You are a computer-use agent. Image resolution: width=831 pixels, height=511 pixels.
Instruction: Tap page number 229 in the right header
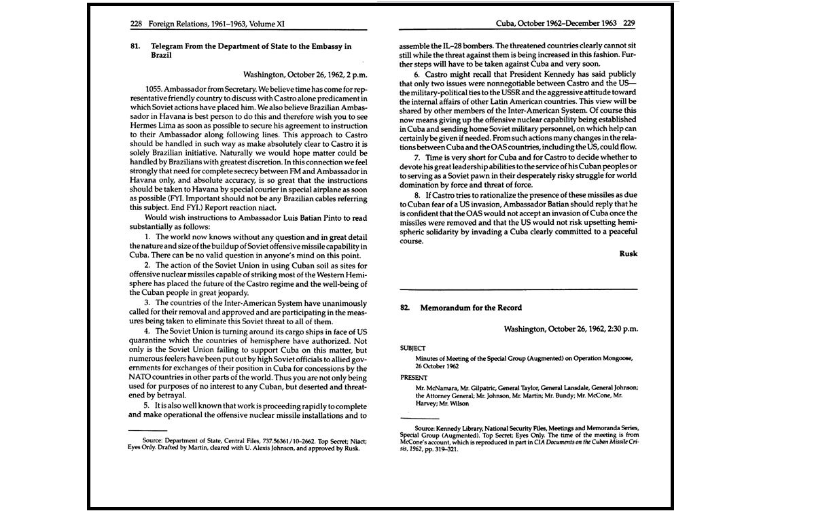(x=629, y=23)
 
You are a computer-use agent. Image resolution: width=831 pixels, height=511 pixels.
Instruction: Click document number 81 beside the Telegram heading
(x=135, y=47)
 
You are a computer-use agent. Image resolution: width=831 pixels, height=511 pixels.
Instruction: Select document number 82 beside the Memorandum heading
(x=405, y=308)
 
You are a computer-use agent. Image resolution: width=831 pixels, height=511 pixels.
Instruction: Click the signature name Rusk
(x=629, y=253)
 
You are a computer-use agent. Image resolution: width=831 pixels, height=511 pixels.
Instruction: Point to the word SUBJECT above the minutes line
(x=413, y=348)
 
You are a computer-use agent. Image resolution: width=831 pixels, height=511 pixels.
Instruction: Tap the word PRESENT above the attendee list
(x=414, y=377)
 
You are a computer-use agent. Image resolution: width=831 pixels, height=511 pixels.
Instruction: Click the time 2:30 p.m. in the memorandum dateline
(x=616, y=329)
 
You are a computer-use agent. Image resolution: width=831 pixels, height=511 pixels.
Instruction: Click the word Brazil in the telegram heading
(x=162, y=56)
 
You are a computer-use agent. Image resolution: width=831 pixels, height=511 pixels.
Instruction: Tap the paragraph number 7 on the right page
(x=417, y=157)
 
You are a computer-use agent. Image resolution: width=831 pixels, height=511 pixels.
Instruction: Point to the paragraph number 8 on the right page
(x=417, y=195)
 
